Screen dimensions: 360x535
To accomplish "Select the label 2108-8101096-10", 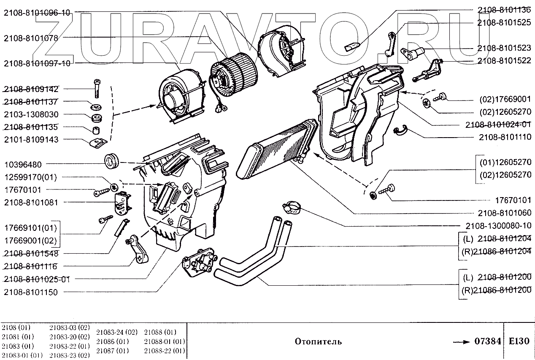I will click(37, 13).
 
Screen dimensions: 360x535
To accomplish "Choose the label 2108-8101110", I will click(505, 137).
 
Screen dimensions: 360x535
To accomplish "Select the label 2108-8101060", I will click(505, 213).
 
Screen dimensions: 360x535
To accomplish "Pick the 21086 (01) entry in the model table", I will click(112, 341).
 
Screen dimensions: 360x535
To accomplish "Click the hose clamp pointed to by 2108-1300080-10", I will click(292, 206).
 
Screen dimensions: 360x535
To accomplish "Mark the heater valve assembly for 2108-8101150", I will click(198, 264).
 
